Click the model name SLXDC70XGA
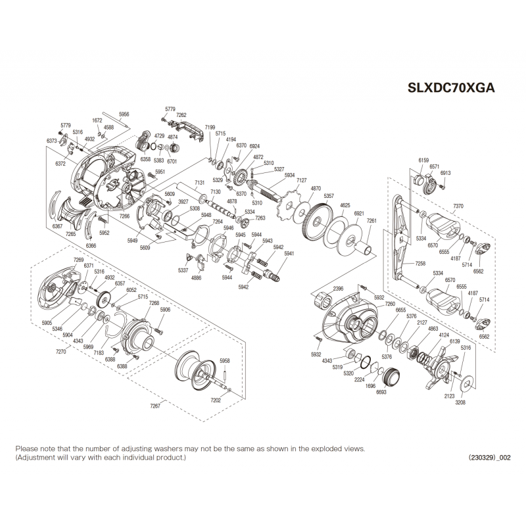(452, 87)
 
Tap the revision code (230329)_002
(489, 458)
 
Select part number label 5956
(124, 114)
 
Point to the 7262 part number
(181, 115)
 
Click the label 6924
(254, 146)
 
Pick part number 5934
(289, 176)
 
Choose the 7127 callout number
(302, 180)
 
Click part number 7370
(458, 206)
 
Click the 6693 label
(381, 392)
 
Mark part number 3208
(460, 402)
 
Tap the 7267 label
(156, 406)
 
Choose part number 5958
(225, 361)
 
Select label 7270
(60, 352)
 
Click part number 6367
(57, 226)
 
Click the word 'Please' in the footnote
(27, 448)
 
